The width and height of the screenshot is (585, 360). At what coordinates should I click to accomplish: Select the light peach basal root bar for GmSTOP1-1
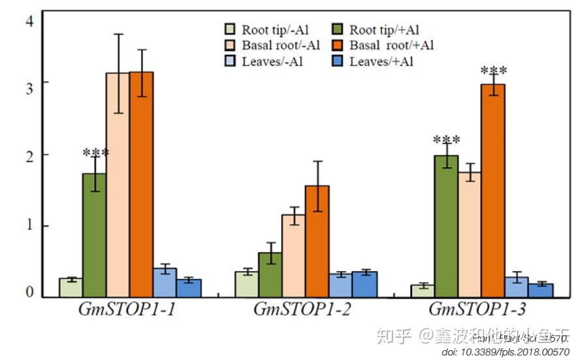[118, 186]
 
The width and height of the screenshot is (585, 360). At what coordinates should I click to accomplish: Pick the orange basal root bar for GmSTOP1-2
[317, 242]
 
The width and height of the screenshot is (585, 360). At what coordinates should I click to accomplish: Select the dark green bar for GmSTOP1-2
[270, 275]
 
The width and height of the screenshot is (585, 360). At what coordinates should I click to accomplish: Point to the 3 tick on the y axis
[29, 83]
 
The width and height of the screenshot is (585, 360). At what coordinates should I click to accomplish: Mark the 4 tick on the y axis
[29, 21]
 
